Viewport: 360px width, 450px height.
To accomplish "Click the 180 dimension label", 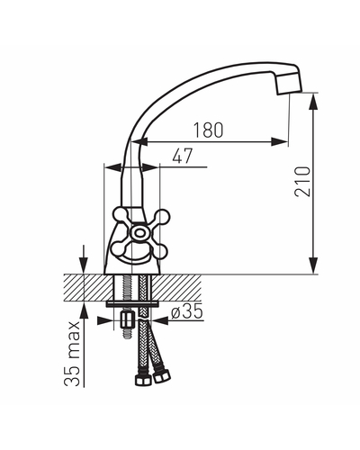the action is tap(208, 130).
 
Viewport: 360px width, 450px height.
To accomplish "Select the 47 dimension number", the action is tap(183, 156).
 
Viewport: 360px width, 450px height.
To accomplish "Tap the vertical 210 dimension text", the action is tap(302, 182).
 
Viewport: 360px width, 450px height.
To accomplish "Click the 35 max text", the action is tap(72, 354).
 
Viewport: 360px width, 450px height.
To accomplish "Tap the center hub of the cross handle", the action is tap(139, 232).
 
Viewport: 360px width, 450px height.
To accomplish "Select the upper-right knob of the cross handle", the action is tap(162, 217).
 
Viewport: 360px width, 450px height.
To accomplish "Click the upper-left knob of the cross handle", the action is tap(121, 214).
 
